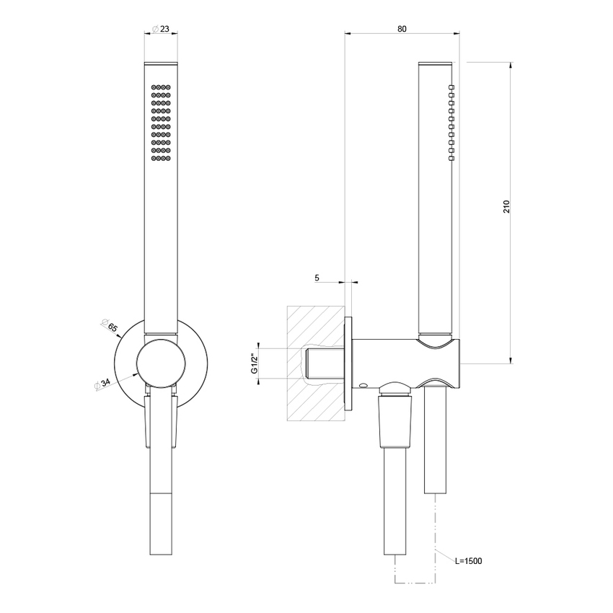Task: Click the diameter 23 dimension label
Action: pos(160,29)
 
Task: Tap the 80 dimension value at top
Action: pos(402,29)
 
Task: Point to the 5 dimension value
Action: pos(318,276)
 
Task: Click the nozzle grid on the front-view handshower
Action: pos(160,123)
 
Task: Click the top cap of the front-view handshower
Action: pos(160,66)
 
